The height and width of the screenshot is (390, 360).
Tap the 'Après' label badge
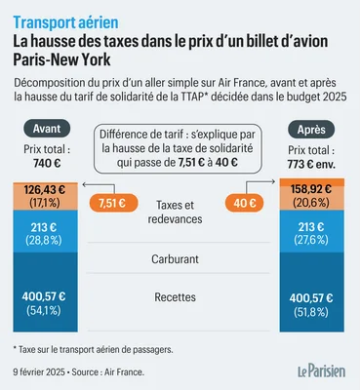pos(311,129)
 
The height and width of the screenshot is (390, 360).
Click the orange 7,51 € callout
pos(110,203)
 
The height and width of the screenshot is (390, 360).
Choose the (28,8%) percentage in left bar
pos(48,239)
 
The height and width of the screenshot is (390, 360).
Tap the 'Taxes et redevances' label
pos(180,212)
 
